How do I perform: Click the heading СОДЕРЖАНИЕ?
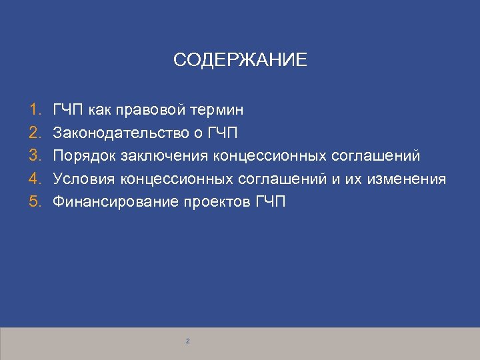click(240, 61)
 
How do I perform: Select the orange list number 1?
click(35, 109)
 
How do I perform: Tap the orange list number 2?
click(35, 133)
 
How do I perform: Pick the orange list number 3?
click(35, 156)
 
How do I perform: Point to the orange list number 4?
click(35, 179)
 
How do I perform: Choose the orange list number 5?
click(35, 202)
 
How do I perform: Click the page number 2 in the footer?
click(187, 341)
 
